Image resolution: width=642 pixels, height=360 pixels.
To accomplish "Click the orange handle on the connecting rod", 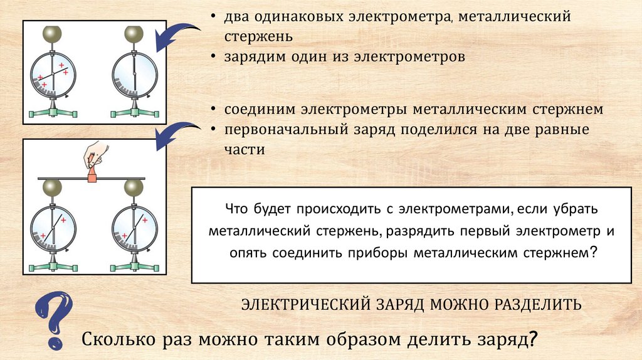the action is pos(92,177).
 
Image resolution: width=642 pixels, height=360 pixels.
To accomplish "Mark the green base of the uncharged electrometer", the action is pos(134,112).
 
